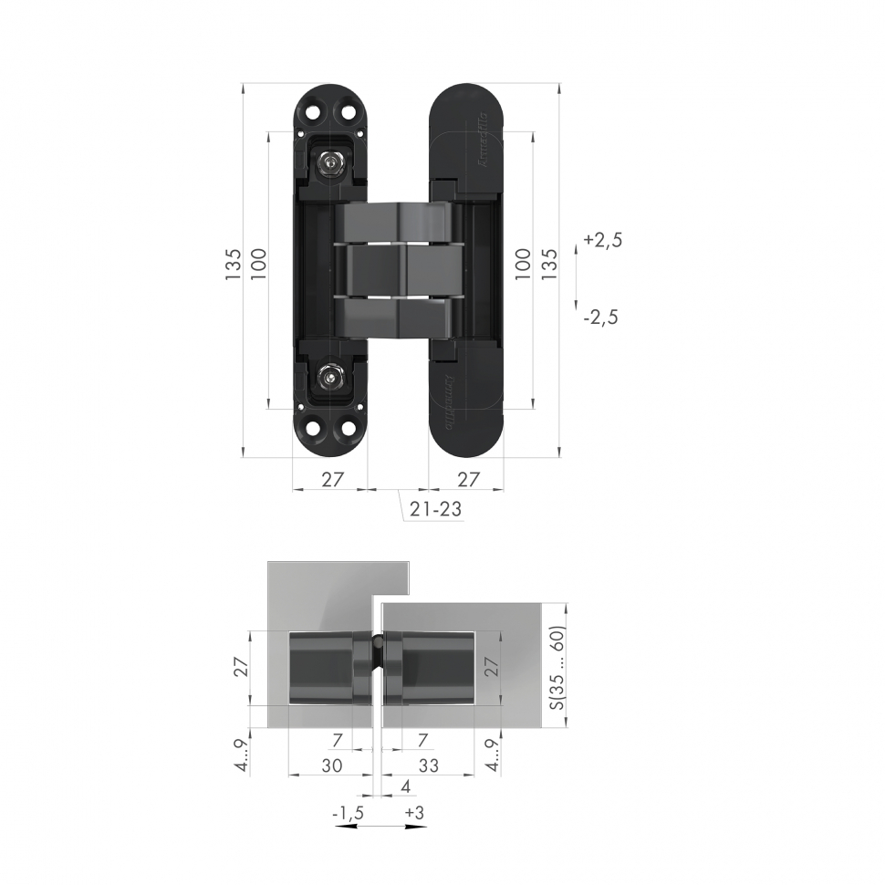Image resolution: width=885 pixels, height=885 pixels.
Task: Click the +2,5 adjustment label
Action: (602, 241)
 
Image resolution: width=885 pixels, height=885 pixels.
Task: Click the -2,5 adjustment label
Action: (600, 318)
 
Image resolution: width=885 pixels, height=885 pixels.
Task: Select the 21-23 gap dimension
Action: (434, 511)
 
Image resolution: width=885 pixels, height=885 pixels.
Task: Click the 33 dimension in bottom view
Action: (427, 766)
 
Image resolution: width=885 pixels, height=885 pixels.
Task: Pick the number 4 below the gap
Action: (404, 786)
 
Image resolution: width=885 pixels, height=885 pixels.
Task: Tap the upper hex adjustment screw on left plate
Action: (329, 163)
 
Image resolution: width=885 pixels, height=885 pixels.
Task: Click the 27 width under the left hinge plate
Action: (331, 479)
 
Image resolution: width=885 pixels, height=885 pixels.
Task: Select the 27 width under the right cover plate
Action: (467, 479)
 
